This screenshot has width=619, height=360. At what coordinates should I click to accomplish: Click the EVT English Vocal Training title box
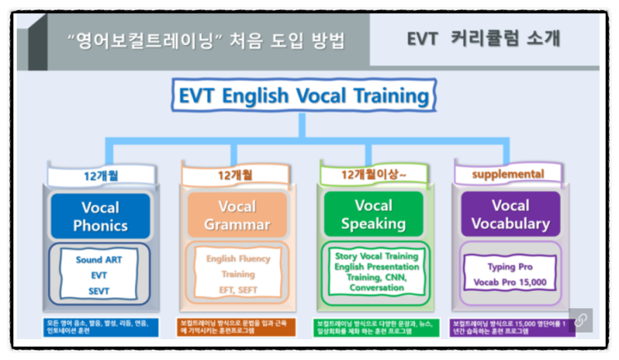coord(305,95)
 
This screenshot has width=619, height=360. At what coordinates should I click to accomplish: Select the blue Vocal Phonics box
coord(100,216)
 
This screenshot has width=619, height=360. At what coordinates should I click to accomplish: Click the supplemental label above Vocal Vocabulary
coord(508,174)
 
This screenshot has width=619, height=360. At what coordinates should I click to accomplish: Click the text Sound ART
coord(99,259)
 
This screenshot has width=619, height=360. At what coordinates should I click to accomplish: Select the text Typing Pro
coord(510,267)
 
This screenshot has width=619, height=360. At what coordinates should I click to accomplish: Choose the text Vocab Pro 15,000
coord(510,282)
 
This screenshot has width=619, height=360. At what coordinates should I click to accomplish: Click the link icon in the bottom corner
coord(579,321)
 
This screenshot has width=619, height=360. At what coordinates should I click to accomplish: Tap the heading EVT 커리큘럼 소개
coord(483,38)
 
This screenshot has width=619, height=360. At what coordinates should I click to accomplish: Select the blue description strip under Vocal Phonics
coord(99,327)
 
